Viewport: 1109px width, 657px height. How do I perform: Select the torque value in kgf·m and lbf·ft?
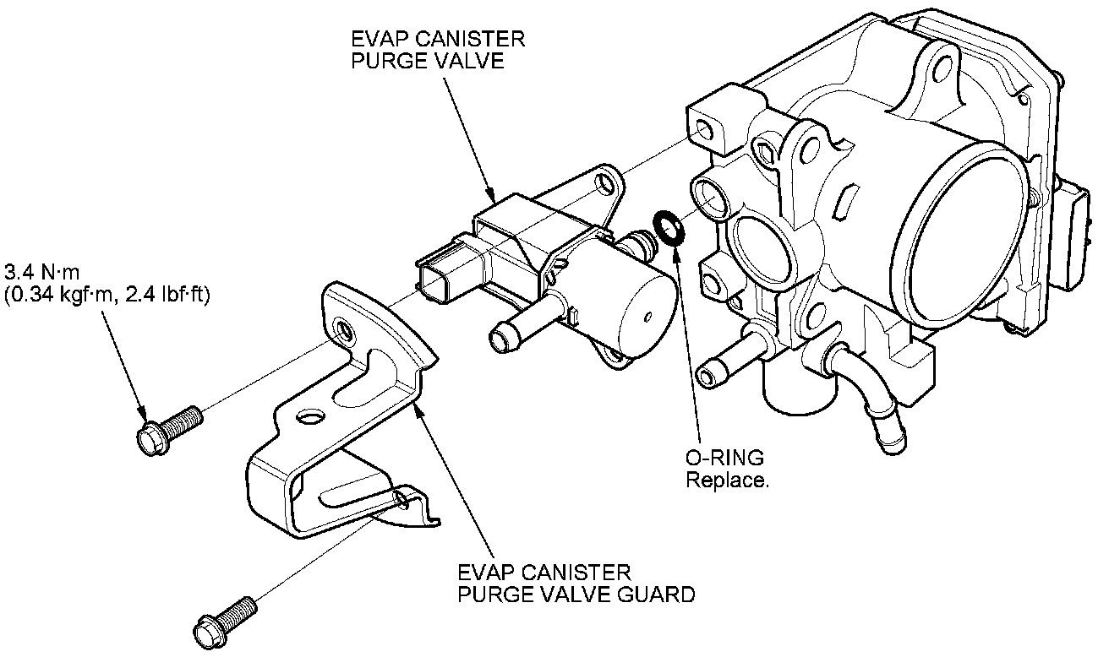click(x=107, y=295)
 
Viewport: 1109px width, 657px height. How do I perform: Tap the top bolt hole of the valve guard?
click(x=345, y=327)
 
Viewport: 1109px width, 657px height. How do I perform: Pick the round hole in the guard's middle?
click(x=310, y=417)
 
